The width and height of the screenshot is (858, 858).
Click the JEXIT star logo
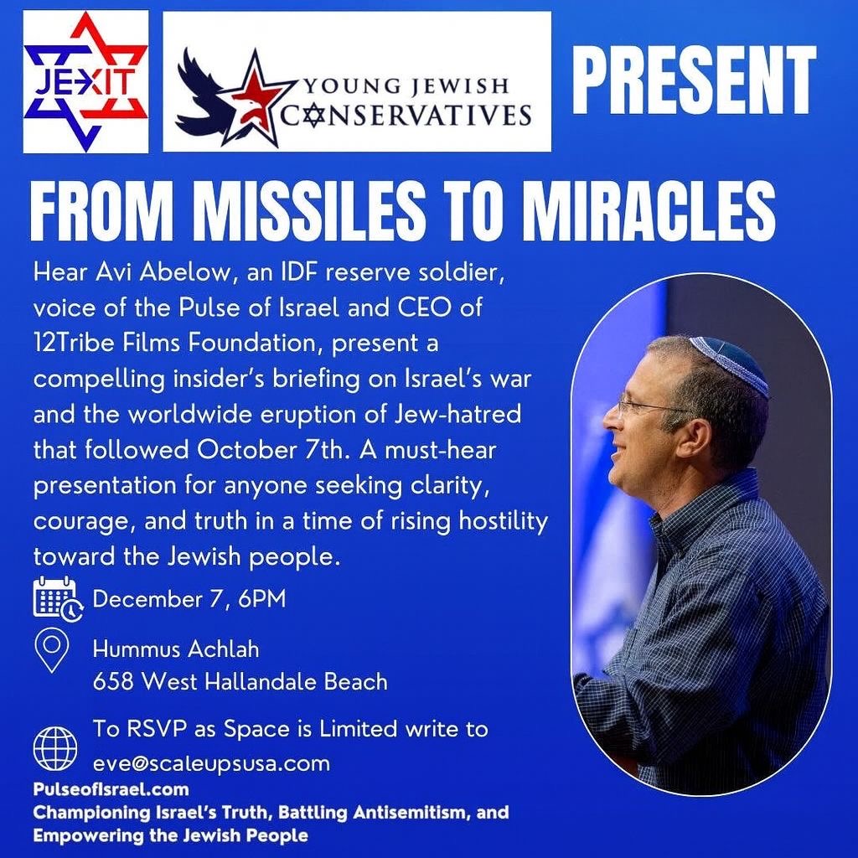[85, 81]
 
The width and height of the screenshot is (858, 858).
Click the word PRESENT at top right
[694, 80]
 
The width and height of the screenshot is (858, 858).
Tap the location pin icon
[51, 650]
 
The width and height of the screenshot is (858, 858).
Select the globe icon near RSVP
[55, 748]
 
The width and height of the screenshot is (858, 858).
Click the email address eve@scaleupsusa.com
[211, 763]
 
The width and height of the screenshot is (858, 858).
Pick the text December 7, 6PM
[189, 598]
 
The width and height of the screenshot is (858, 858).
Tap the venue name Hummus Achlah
[176, 649]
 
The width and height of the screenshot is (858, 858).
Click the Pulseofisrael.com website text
[111, 789]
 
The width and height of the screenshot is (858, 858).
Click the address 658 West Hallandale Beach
[240, 682]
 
